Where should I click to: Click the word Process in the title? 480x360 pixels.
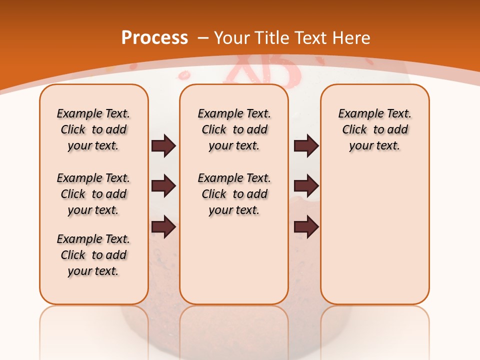(x=154, y=37)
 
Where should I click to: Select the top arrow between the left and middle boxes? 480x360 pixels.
(x=163, y=146)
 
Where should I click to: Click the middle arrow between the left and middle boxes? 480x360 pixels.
(x=163, y=186)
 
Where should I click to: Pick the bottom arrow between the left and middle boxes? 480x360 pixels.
(x=163, y=226)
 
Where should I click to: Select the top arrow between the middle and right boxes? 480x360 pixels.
(x=306, y=146)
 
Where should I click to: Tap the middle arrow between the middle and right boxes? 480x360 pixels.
(x=306, y=186)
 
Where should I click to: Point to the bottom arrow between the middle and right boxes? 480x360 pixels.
(x=306, y=226)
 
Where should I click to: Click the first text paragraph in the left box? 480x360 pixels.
(x=93, y=129)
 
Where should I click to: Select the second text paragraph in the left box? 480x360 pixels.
(x=93, y=194)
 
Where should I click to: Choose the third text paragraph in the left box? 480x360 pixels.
(x=93, y=255)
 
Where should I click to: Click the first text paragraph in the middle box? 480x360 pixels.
(x=234, y=129)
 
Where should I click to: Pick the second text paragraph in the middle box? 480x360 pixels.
(x=234, y=194)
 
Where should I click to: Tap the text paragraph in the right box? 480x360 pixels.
(x=375, y=129)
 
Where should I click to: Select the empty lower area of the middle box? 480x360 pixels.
(x=234, y=260)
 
